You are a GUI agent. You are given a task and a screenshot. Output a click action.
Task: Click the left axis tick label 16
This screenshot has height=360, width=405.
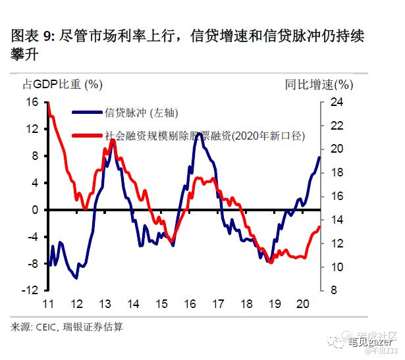(x=32, y=102)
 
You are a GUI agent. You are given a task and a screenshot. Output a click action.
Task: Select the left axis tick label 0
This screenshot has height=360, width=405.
(x=36, y=210)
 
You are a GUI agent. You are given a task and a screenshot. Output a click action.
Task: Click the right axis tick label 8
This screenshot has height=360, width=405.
(x=334, y=290)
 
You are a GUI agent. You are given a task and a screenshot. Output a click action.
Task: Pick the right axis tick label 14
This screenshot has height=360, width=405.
(x=337, y=220)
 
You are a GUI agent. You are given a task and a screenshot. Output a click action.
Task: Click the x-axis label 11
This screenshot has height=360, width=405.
(x=47, y=304)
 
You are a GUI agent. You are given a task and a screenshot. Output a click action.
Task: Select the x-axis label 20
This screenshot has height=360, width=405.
(x=303, y=304)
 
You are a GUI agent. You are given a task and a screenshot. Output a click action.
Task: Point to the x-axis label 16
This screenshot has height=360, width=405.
(x=190, y=304)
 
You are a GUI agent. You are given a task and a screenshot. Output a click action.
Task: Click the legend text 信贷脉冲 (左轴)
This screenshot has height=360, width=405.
(x=142, y=113)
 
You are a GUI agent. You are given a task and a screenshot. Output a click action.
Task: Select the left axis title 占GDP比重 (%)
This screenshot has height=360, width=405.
(x=63, y=84)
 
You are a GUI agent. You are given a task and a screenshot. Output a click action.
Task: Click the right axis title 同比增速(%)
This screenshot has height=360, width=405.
(x=319, y=84)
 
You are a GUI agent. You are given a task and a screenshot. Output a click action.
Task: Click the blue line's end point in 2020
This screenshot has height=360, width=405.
(x=319, y=157)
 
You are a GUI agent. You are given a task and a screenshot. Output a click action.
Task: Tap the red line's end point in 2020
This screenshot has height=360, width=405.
(x=319, y=227)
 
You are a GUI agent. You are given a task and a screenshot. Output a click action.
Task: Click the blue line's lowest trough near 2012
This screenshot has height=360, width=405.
(x=76, y=278)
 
